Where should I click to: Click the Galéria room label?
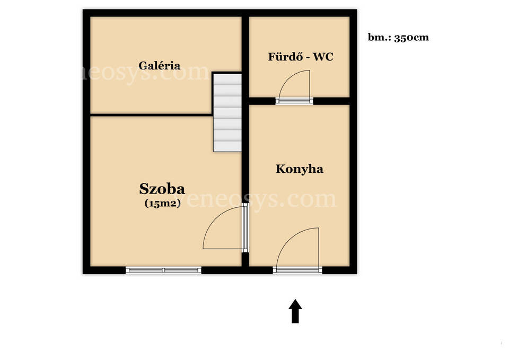(x=159, y=66)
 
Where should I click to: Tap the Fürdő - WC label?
(x=301, y=57)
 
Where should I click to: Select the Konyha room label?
(x=299, y=169)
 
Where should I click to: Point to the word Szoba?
(x=162, y=189)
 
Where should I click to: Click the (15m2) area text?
(x=162, y=203)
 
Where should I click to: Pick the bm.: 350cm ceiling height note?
(x=398, y=37)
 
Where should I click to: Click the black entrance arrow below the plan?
(x=295, y=311)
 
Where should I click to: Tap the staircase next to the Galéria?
(x=227, y=112)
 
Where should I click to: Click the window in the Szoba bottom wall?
(x=163, y=270)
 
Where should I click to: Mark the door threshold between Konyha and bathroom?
(x=294, y=101)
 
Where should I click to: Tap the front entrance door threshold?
(x=297, y=270)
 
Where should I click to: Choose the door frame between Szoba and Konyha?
(x=245, y=227)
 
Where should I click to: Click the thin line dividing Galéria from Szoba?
(x=151, y=115)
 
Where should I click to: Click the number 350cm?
(x=411, y=38)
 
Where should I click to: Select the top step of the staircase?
(x=227, y=80)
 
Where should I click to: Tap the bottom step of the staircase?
(x=227, y=146)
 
